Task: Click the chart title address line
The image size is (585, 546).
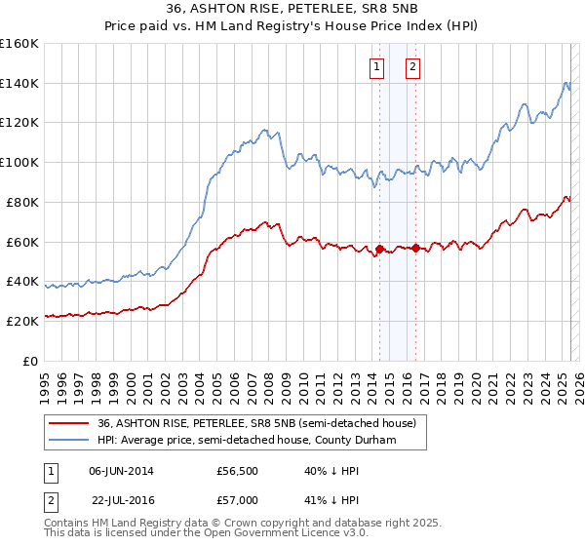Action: pyautogui.click(x=293, y=10)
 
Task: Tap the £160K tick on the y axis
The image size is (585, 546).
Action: pyautogui.click(x=19, y=44)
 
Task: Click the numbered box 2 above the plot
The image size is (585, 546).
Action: pyautogui.click(x=413, y=67)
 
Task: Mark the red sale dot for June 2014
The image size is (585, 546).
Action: pyautogui.click(x=379, y=249)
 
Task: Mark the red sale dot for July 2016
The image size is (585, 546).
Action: pyautogui.click(x=416, y=248)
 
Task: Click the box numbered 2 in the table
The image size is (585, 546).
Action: pyautogui.click(x=49, y=500)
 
